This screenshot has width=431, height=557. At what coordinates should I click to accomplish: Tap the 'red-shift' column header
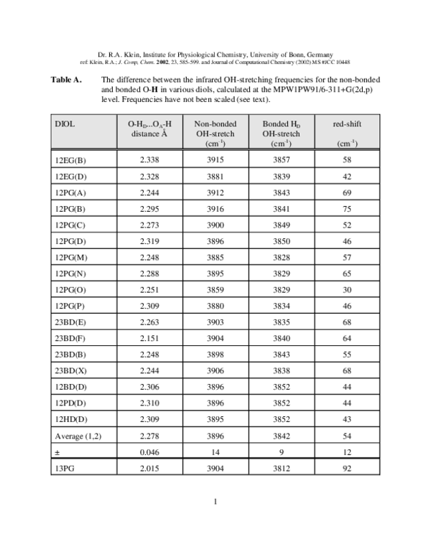(x=347, y=124)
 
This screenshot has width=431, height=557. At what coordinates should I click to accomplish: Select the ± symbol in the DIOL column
(x=57, y=452)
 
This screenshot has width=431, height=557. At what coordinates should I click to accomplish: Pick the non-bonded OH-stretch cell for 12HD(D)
(x=215, y=418)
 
